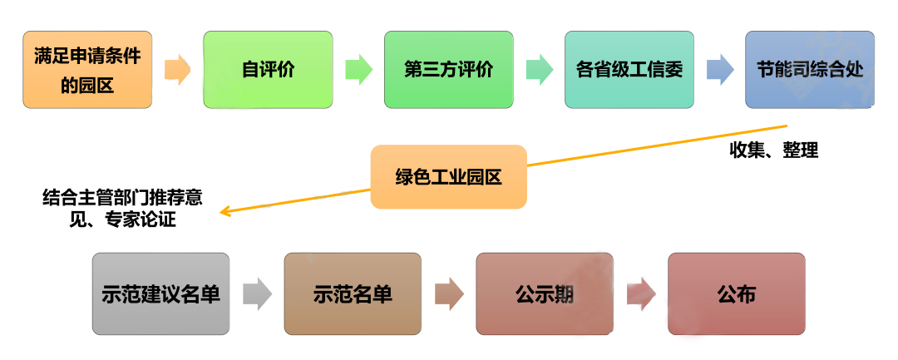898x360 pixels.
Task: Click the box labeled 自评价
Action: click(x=268, y=70)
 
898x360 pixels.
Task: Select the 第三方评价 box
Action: click(x=448, y=70)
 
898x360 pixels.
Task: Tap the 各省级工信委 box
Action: click(x=629, y=70)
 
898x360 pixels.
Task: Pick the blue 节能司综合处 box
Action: click(x=810, y=70)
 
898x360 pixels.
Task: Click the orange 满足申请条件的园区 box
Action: click(x=87, y=70)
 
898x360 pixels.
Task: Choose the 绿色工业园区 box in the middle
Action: click(x=448, y=177)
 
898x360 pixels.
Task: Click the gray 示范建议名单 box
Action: click(x=161, y=294)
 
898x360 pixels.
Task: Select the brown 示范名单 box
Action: click(x=353, y=294)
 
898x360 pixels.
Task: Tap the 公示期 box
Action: click(x=545, y=294)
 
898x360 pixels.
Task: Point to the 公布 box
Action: click(x=737, y=294)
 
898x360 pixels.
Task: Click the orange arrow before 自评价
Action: click(x=178, y=70)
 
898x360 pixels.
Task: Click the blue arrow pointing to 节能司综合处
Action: click(x=720, y=70)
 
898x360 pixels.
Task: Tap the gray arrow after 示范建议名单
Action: click(x=257, y=294)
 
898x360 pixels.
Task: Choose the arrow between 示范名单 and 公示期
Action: click(x=449, y=294)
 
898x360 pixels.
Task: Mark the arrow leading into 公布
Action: click(x=641, y=294)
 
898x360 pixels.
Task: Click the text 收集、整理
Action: click(x=774, y=150)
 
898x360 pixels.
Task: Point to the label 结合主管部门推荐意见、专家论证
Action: click(x=122, y=209)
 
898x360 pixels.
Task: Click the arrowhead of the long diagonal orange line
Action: click(x=225, y=212)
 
